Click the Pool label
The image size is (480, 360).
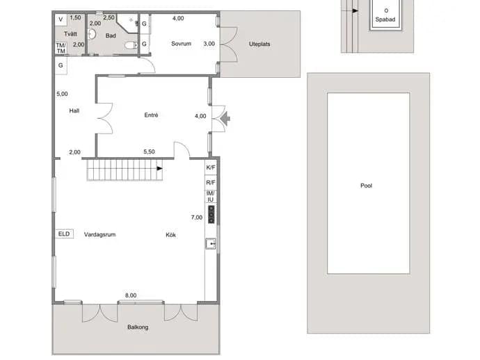point(366,186)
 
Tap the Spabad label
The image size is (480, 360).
point(385,19)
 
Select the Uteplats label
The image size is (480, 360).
point(259,44)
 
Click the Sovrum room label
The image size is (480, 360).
point(182,44)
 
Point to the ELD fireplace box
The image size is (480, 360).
point(64,234)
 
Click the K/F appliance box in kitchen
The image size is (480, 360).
point(211,167)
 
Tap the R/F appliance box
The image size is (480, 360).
point(211,183)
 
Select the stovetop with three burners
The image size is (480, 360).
point(211,214)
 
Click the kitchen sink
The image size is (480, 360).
point(211,244)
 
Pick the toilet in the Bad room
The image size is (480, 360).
point(131,45)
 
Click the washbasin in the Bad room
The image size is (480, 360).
point(92,34)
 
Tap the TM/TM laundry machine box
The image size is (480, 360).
point(61,49)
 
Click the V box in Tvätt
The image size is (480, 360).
point(61,19)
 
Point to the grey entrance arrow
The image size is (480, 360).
point(225,119)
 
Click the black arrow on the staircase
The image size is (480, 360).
point(159,168)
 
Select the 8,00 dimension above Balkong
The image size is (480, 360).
point(131,295)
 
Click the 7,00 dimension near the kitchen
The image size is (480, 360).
point(197,218)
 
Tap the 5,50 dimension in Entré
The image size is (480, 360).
point(149,152)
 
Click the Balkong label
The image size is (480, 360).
point(138,327)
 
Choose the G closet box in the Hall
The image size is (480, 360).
point(61,65)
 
